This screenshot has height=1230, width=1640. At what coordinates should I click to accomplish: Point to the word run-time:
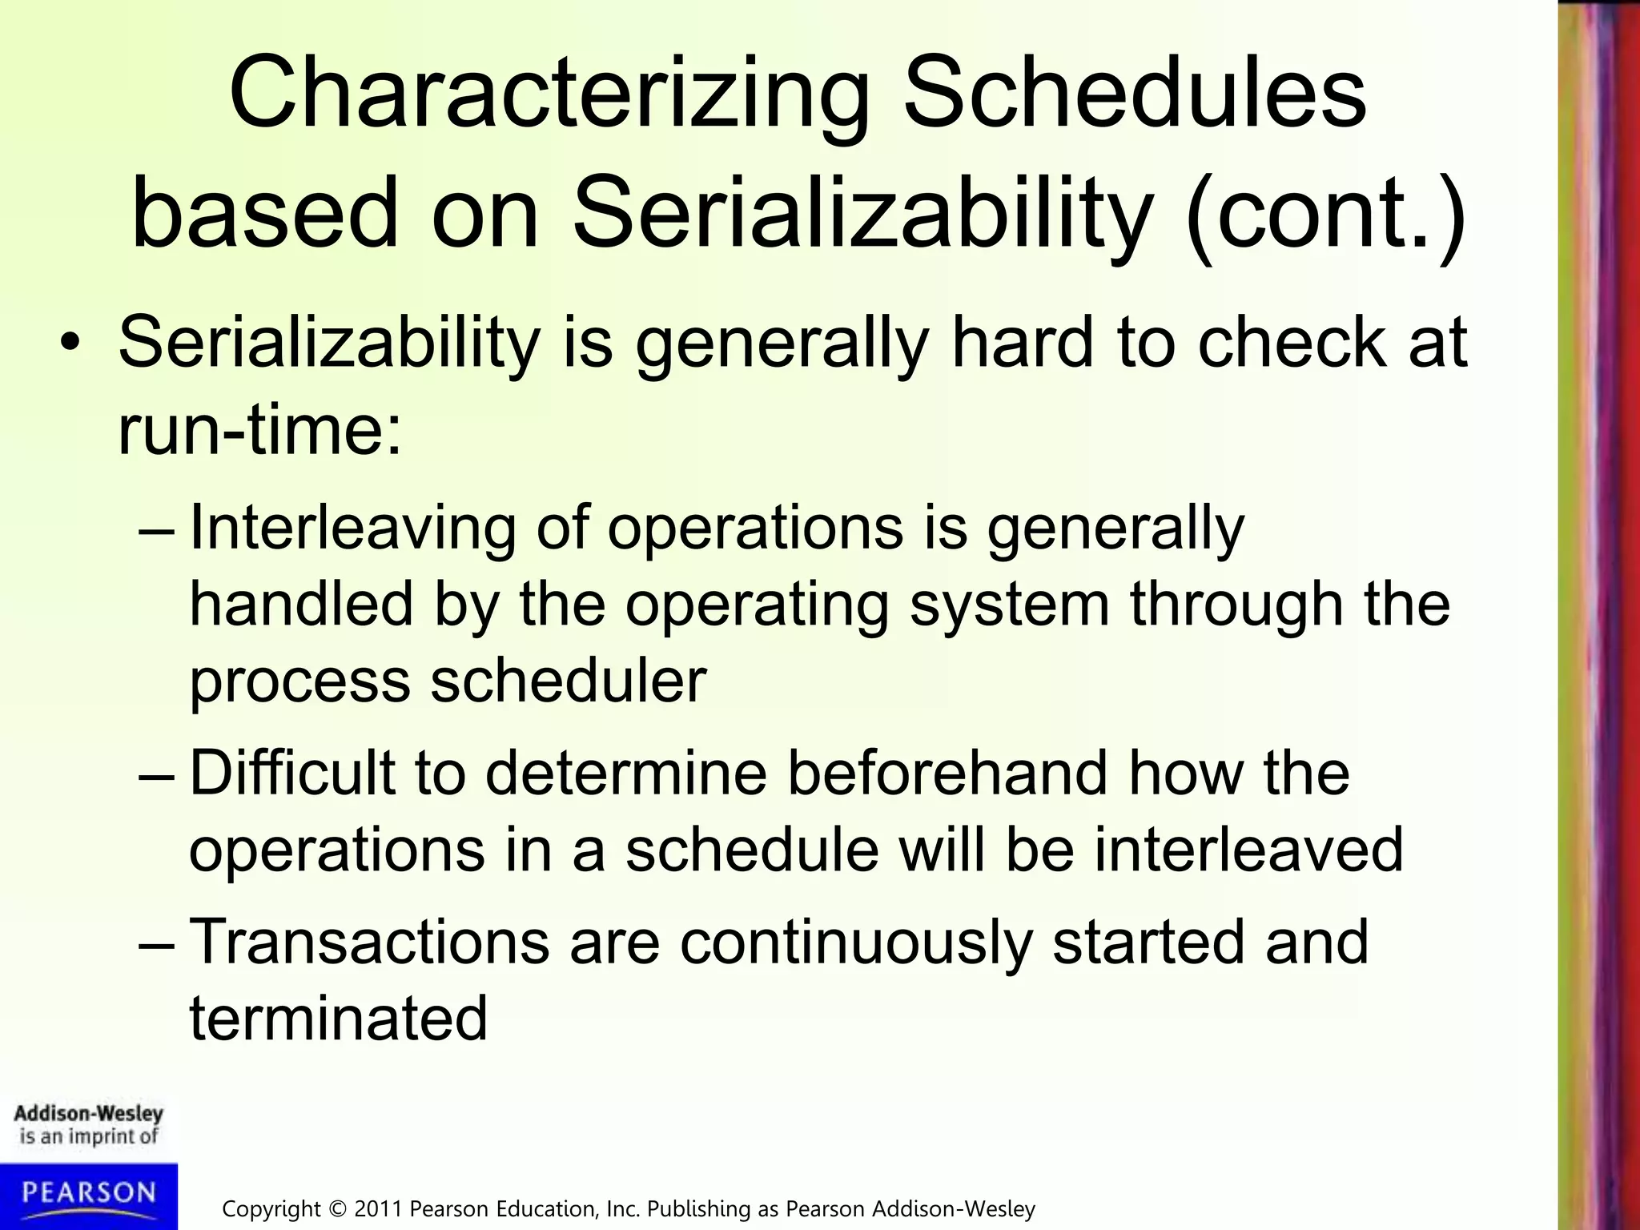pyautogui.click(x=259, y=430)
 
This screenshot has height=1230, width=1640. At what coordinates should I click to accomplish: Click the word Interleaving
pyautogui.click(x=352, y=529)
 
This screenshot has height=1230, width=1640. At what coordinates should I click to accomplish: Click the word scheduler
pyautogui.click(x=569, y=681)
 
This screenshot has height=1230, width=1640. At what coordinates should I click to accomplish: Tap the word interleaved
pyautogui.click(x=1248, y=850)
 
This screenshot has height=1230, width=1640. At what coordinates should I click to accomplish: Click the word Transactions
pyautogui.click(x=369, y=943)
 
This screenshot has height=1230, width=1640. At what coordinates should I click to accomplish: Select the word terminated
pyautogui.click(x=338, y=1019)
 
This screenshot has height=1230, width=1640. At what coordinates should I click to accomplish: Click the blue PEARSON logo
pyautogui.click(x=89, y=1194)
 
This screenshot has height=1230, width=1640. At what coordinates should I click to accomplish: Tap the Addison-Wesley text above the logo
pyautogui.click(x=88, y=1113)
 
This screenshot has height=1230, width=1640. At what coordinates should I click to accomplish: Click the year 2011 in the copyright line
pyautogui.click(x=379, y=1208)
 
